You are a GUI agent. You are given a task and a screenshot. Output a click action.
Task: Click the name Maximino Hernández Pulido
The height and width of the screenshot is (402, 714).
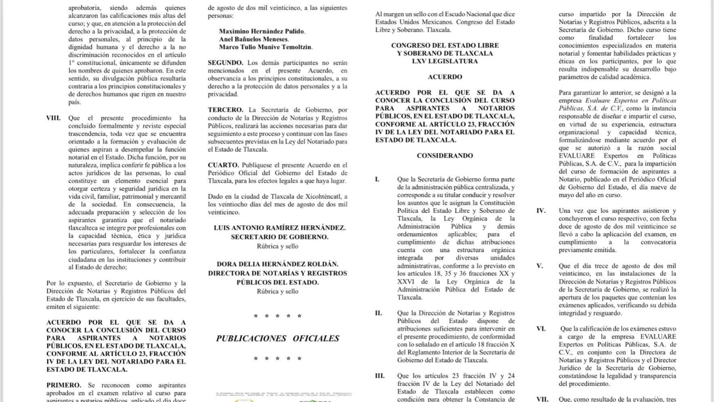[x=262, y=31]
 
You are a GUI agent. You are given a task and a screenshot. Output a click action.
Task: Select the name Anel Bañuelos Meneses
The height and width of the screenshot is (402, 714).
[x=253, y=39]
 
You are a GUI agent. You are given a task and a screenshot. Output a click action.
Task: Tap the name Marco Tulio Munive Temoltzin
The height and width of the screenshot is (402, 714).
[x=265, y=47]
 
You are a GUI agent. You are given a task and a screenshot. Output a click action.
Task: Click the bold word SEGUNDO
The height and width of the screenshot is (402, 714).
[x=226, y=63]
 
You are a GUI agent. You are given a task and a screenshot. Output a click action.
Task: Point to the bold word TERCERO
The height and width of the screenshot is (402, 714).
[x=226, y=110]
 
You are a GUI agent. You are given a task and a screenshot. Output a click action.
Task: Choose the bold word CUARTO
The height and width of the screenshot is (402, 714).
[x=223, y=165]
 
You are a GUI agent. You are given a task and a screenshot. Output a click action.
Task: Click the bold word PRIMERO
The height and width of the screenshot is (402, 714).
[x=63, y=385]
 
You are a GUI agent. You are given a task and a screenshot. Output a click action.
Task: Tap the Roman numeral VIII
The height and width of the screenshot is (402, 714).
[x=53, y=118]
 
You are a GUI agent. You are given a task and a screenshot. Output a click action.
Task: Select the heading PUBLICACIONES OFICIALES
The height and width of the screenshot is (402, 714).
[x=277, y=339]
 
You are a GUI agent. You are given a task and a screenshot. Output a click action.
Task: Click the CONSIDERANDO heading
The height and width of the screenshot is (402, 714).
[x=445, y=156]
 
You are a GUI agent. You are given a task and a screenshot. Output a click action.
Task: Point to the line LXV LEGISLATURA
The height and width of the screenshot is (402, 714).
[x=445, y=61]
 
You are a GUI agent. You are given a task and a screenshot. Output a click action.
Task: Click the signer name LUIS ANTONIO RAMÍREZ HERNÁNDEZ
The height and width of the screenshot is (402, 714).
[x=279, y=228]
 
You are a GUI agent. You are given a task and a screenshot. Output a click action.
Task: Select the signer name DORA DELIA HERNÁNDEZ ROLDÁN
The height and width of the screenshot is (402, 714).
[x=277, y=264]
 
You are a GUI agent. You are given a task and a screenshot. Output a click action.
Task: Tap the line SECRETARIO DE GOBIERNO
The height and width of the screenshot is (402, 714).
[x=279, y=237]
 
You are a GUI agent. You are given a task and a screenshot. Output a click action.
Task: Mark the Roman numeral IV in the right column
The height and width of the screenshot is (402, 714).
[x=541, y=211]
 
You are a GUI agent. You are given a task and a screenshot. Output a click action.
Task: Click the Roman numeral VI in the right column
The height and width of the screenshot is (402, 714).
[x=541, y=329]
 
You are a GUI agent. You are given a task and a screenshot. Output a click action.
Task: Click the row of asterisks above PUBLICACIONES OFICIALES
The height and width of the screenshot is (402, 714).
[x=277, y=316]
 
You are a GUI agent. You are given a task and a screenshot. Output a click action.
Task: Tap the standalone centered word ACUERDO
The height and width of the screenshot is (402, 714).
[x=445, y=77]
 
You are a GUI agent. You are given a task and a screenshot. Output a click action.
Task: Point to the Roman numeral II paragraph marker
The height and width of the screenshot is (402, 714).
[x=378, y=313]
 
